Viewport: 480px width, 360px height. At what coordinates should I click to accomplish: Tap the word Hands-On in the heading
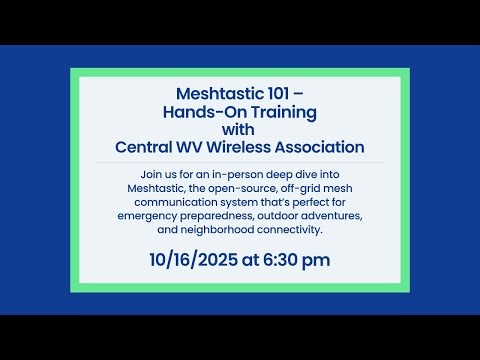[x=195, y=107]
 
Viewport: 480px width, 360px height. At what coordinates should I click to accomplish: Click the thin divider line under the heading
[x=240, y=162]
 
